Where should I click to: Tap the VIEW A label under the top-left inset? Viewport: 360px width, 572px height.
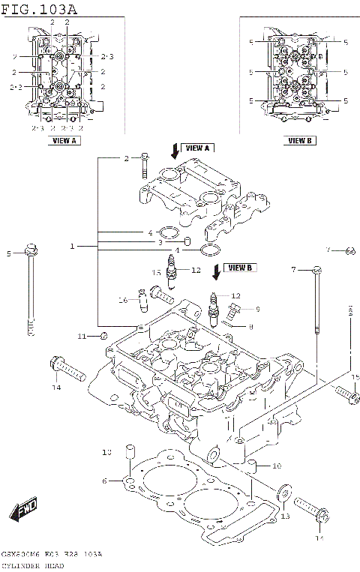click(x=63, y=140)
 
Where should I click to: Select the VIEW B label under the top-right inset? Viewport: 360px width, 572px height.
click(x=299, y=140)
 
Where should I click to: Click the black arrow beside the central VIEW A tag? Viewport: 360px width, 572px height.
click(x=175, y=151)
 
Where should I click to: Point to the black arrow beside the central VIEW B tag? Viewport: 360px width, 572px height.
click(x=217, y=270)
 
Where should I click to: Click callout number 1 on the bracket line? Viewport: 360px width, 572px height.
click(x=73, y=247)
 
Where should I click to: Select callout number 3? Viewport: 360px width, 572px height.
click(x=160, y=243)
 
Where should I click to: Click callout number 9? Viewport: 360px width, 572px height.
click(x=256, y=308)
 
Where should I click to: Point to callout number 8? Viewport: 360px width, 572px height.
click(x=250, y=326)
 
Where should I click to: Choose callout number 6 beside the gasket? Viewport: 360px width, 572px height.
click(x=105, y=481)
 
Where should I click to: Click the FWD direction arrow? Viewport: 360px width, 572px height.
click(x=24, y=509)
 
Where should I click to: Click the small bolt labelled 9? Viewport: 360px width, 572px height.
click(x=234, y=309)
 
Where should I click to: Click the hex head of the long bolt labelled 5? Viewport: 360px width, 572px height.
click(x=30, y=249)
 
